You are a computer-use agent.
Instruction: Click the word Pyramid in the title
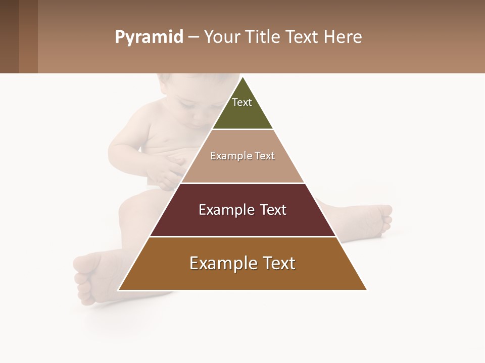click(149, 37)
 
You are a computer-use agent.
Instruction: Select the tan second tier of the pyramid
click(243, 169)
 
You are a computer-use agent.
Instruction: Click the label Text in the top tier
click(242, 102)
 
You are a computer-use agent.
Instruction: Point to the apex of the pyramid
click(243, 78)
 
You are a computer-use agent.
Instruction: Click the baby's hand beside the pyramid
click(169, 171)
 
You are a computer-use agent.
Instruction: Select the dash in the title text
click(193, 37)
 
